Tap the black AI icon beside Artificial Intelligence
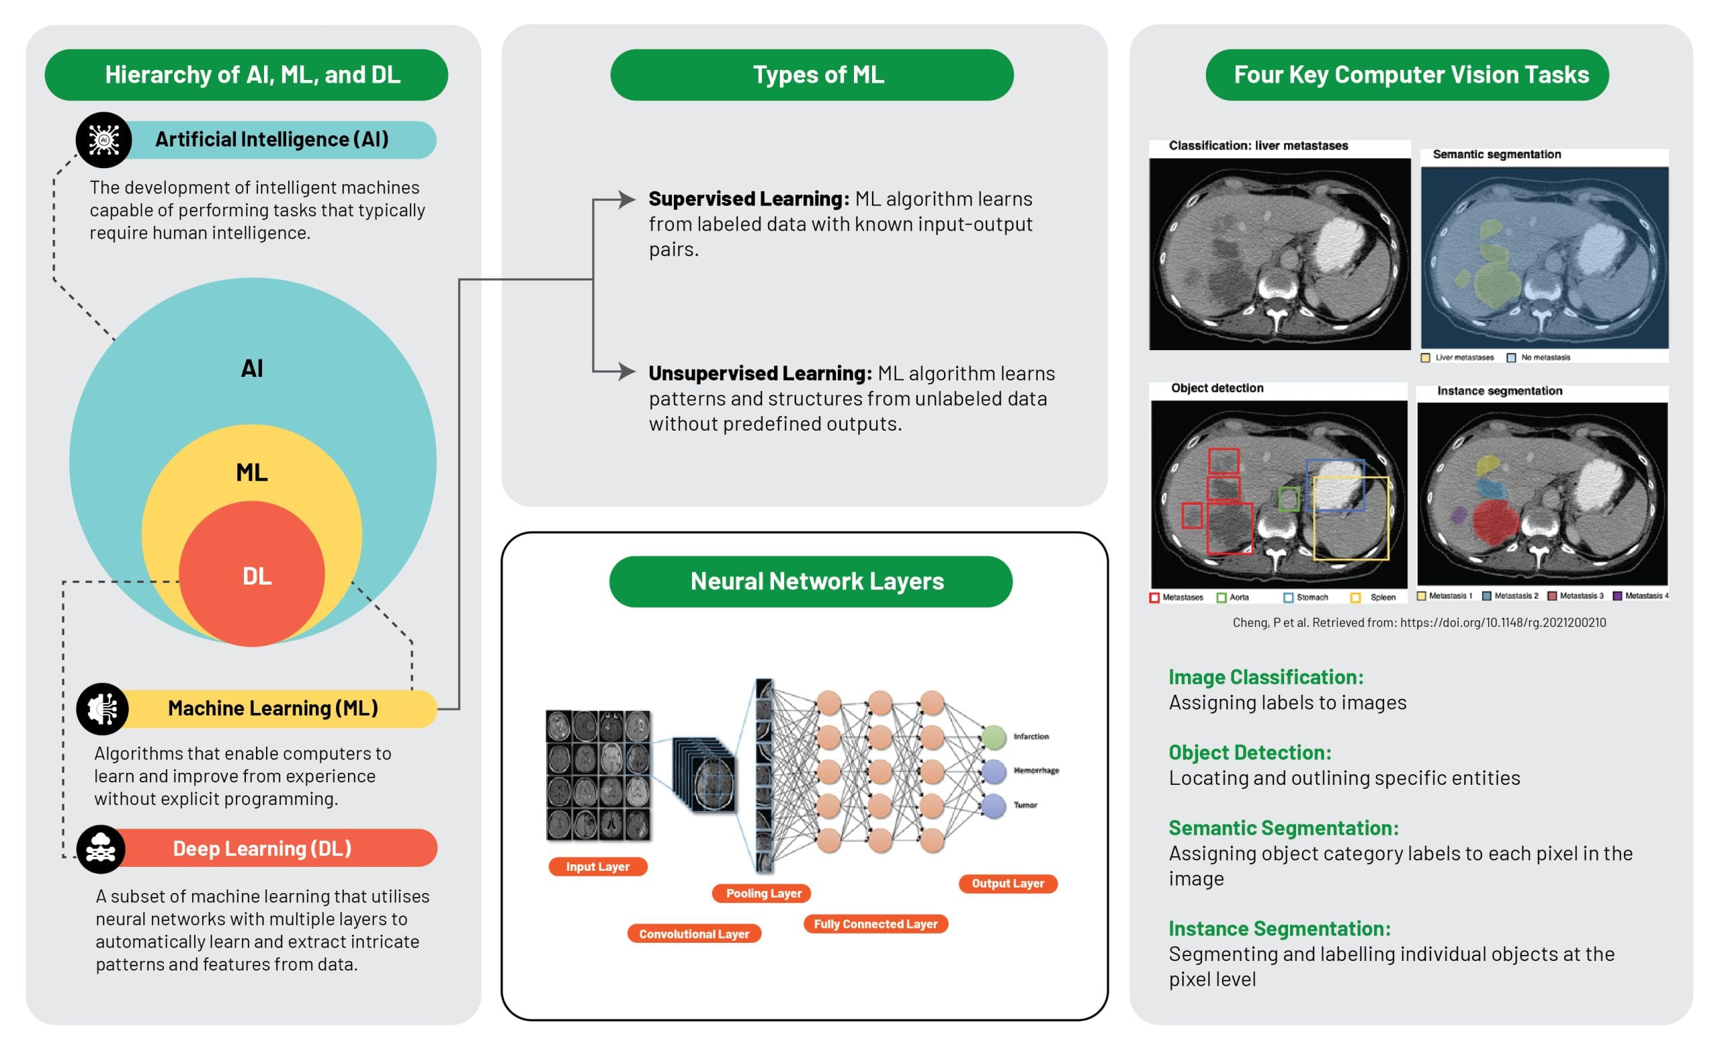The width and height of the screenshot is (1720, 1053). click(x=103, y=140)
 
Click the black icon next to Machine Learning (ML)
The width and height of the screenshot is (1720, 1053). click(x=103, y=708)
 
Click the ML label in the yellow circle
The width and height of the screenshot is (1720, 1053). click(x=252, y=472)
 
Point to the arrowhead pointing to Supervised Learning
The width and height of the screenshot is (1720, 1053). click(x=627, y=200)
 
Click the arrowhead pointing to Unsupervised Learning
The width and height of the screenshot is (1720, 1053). click(x=627, y=371)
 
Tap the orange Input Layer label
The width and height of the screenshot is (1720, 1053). click(x=597, y=867)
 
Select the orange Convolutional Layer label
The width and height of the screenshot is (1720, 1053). click(x=694, y=933)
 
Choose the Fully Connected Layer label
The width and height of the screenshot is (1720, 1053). click(x=875, y=924)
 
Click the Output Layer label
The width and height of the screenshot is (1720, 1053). click(x=1008, y=883)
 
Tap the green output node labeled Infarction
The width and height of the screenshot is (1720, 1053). click(x=993, y=736)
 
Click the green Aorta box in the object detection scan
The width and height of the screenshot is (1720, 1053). click(x=1289, y=499)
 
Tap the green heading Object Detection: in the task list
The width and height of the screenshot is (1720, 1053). click(x=1250, y=752)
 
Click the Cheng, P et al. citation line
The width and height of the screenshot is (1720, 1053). click(x=1418, y=622)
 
